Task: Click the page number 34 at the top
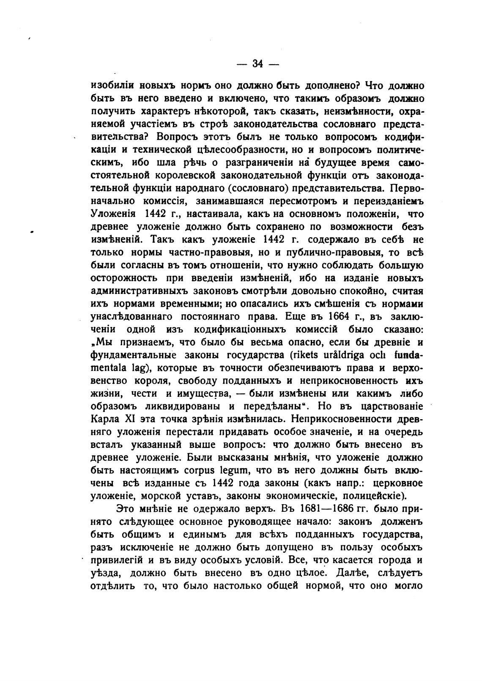(x=257, y=64)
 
